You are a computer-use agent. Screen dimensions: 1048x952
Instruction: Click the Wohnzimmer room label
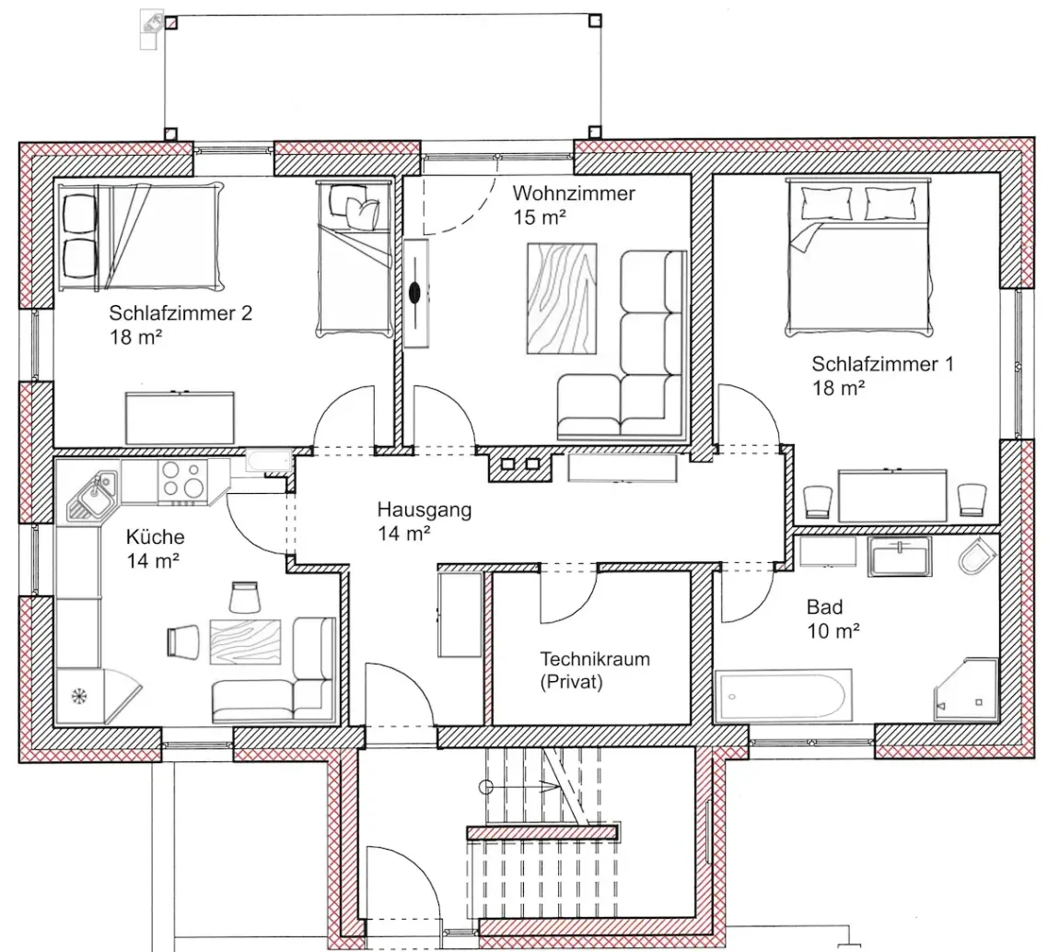pyautogui.click(x=574, y=194)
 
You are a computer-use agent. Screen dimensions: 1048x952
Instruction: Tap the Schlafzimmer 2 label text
pyautogui.click(x=180, y=313)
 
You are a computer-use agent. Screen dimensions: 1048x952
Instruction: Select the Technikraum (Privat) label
pyautogui.click(x=595, y=670)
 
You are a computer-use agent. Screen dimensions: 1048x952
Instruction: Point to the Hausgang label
pyautogui.click(x=425, y=510)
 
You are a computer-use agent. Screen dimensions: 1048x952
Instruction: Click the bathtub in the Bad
pyautogui.click(x=784, y=695)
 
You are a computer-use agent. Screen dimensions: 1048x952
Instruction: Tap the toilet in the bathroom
pyautogui.click(x=977, y=555)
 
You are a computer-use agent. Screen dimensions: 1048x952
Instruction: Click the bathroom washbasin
pyautogui.click(x=900, y=557)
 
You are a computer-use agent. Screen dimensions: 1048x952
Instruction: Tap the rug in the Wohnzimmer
pyautogui.click(x=562, y=299)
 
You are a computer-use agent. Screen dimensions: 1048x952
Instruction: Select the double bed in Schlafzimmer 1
pyautogui.click(x=858, y=255)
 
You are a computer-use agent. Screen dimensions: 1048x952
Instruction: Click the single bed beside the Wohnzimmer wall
pyautogui.click(x=354, y=258)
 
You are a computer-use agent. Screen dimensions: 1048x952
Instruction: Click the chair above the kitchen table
pyautogui.click(x=244, y=597)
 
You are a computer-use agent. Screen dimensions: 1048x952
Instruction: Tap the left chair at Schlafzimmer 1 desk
pyautogui.click(x=818, y=501)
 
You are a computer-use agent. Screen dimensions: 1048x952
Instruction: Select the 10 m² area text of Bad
pyautogui.click(x=833, y=631)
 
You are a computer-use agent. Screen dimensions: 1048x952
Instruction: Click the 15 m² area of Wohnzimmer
pyautogui.click(x=540, y=217)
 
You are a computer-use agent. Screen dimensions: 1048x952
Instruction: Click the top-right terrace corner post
pyautogui.click(x=594, y=21)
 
